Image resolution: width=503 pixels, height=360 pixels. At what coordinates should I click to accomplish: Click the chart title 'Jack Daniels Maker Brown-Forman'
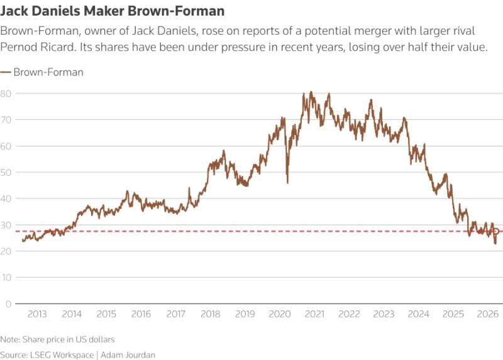(113, 11)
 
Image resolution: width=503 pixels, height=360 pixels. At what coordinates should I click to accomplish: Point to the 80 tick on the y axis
(6, 94)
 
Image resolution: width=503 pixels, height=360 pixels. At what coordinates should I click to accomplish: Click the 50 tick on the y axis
(6, 172)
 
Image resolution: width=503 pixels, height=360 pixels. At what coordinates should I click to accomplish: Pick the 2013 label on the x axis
(37, 314)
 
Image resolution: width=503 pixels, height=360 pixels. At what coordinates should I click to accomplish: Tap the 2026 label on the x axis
(488, 314)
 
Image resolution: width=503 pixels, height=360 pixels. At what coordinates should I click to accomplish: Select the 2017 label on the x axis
(177, 314)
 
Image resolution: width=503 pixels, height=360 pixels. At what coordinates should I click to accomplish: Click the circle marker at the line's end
(496, 231)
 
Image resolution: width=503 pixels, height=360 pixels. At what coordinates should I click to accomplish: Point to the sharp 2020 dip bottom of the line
(287, 182)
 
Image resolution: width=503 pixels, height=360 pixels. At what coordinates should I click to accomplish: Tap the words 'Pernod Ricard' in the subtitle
(34, 48)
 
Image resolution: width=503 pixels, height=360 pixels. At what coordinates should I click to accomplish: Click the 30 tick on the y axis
(6, 225)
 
